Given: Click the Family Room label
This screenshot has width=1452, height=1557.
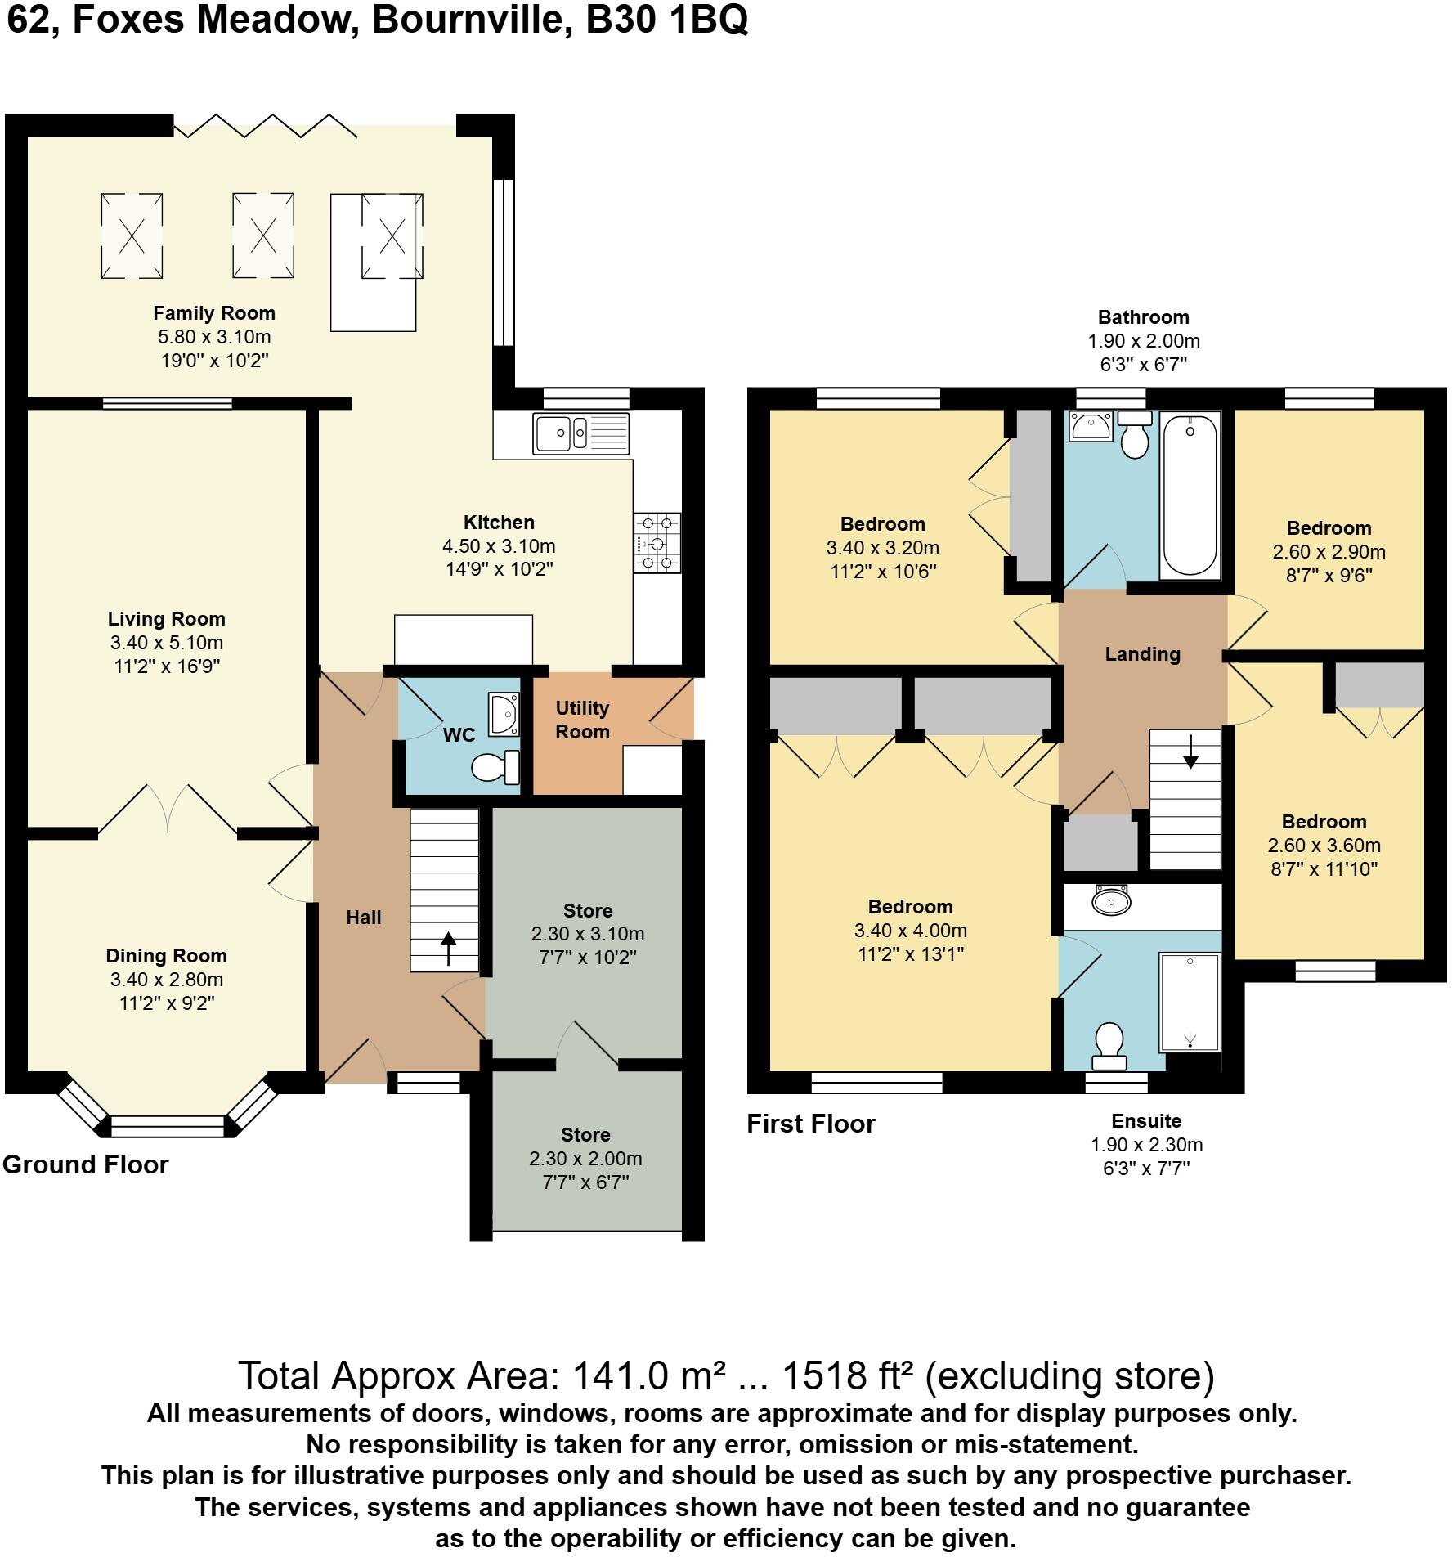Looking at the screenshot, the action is click(x=214, y=313).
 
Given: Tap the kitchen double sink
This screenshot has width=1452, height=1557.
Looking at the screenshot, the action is click(x=580, y=433).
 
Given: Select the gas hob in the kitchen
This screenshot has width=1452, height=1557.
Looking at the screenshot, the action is click(x=657, y=542).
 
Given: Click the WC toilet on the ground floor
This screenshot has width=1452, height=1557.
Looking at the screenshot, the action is click(x=495, y=767).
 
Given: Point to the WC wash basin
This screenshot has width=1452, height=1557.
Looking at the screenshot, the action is click(x=503, y=714).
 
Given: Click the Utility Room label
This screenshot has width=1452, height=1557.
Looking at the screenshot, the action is click(x=582, y=720).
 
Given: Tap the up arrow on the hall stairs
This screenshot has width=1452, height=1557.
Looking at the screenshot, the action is click(x=448, y=949).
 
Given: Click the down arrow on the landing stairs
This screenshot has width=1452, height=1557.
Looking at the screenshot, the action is click(x=1190, y=752).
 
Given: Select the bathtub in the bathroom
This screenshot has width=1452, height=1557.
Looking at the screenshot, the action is click(x=1190, y=495).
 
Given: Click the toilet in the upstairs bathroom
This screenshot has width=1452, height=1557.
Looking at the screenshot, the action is click(x=1135, y=434).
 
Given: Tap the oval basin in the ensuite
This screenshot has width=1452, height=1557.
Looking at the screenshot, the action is click(x=1111, y=901).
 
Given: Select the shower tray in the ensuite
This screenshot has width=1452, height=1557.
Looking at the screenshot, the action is click(x=1190, y=1002).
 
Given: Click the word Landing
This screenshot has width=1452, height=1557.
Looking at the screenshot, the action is click(x=1143, y=654).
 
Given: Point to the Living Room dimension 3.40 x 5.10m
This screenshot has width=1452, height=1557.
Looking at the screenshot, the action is click(x=167, y=643).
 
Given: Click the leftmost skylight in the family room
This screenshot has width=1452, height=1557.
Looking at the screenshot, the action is click(x=132, y=236).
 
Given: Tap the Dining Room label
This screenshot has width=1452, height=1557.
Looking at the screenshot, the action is click(x=167, y=956).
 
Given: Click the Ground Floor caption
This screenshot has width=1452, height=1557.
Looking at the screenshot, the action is click(x=86, y=1164).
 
